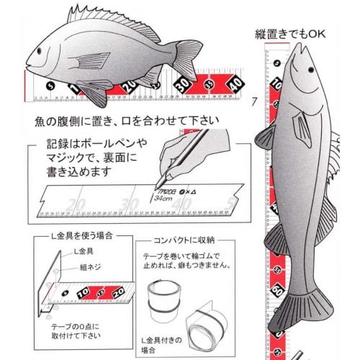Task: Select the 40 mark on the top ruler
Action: coord(234,86)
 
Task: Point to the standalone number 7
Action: coord(253,101)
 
